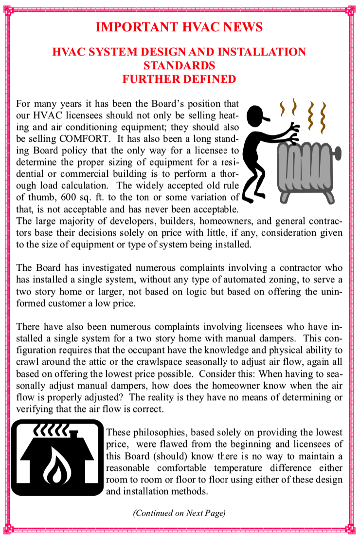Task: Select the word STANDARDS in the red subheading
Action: pos(180,65)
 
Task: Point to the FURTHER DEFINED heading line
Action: pos(180,79)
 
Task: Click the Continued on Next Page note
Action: pos(180,513)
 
